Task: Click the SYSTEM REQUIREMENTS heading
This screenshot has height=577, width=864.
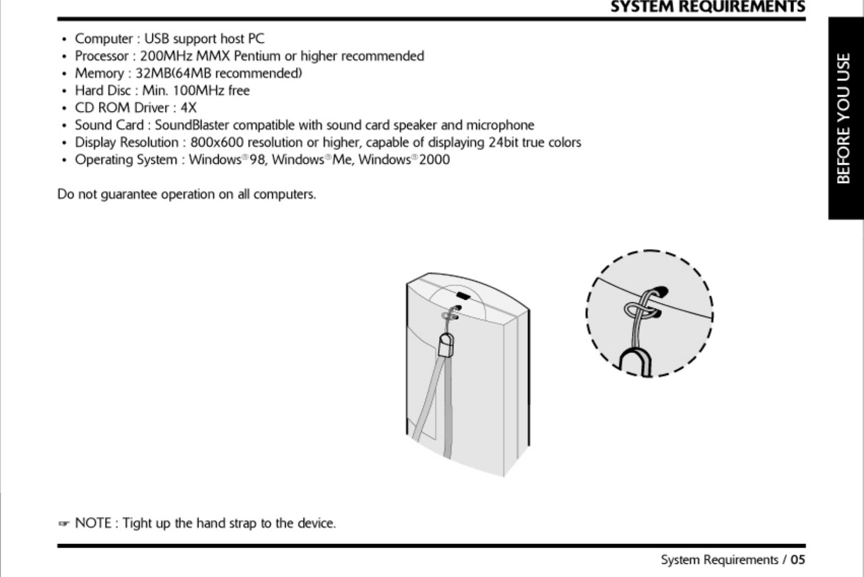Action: tap(708, 7)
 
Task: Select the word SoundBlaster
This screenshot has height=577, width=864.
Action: tap(192, 126)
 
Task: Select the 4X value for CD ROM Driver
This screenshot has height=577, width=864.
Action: tap(188, 108)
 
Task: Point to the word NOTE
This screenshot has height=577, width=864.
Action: tap(93, 523)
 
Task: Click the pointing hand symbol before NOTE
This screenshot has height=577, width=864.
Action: tap(64, 524)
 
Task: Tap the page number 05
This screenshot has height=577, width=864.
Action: tap(798, 560)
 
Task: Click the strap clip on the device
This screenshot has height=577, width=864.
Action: tap(446, 345)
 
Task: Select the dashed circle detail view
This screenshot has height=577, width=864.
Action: tap(649, 313)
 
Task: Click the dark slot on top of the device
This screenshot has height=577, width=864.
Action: tap(463, 297)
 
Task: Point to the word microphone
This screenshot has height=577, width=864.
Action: tap(500, 126)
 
